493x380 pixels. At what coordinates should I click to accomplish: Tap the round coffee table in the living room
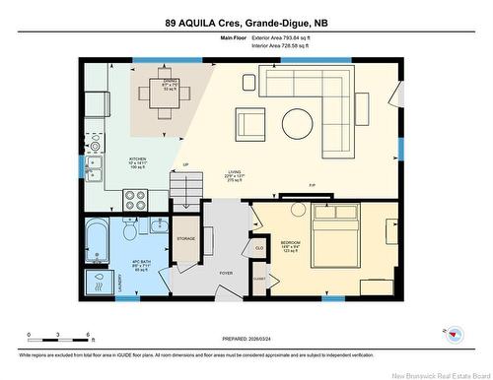coord(297,123)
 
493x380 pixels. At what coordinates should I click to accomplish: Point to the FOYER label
coord(226,274)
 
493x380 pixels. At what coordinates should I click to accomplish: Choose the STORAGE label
coord(186,239)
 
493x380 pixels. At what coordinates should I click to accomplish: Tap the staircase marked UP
coord(185,183)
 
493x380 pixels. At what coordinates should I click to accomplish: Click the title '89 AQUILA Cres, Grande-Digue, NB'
coord(246,22)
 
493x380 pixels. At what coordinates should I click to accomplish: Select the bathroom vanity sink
coord(159,226)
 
